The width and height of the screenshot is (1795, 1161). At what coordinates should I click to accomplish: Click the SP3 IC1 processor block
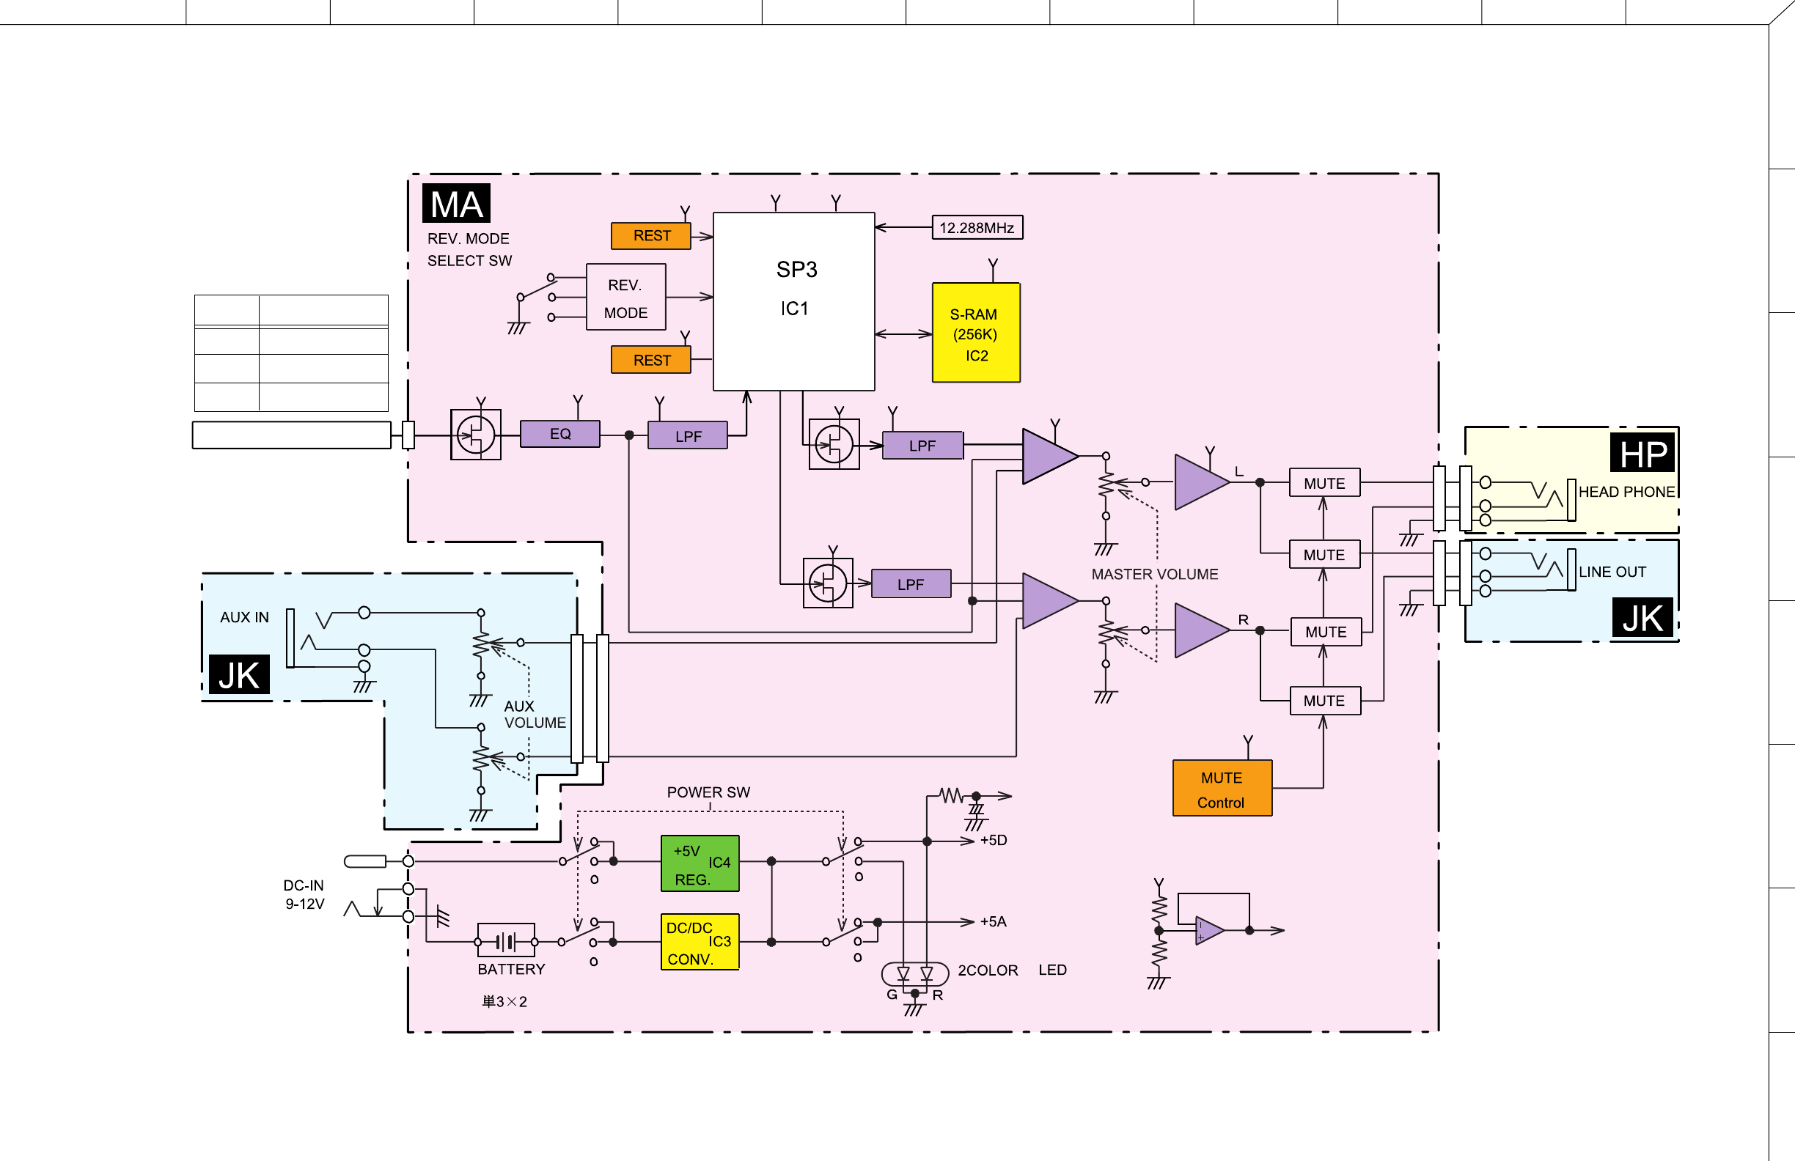pos(793,301)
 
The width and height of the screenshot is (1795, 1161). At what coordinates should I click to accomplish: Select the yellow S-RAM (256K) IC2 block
pos(976,333)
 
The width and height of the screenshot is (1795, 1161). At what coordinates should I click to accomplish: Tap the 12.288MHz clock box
pos(977,227)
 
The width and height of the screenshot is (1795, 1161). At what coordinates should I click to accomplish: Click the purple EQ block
pos(559,433)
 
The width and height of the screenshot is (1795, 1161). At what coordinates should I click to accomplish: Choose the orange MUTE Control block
pos(1222,788)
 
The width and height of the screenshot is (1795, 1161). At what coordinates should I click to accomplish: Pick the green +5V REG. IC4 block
pos(700,863)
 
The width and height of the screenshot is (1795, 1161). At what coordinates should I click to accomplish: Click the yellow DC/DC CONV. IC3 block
pos(700,942)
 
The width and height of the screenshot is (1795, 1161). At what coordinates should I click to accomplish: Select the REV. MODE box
pos(626,297)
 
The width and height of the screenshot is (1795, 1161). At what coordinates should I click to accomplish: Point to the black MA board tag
pos(456,204)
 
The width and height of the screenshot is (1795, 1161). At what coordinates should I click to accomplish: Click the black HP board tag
pos(1642,452)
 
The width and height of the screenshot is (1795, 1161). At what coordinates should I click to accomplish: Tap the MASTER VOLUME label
pos(1155,575)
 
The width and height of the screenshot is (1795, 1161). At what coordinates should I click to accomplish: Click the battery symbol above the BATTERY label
pos(506,941)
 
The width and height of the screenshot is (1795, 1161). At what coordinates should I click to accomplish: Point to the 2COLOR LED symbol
pos(915,974)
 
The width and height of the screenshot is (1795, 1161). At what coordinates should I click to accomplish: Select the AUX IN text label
pos(244,617)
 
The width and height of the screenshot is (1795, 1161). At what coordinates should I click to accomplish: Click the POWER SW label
pos(708,792)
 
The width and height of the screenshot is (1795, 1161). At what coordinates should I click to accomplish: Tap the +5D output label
pos(994,840)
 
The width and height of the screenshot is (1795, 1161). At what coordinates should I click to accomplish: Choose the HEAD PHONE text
pos(1627,492)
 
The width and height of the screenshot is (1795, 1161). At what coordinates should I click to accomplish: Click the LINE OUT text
pos(1612,572)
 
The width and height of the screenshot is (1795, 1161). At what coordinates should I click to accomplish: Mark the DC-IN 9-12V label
pos(305,895)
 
